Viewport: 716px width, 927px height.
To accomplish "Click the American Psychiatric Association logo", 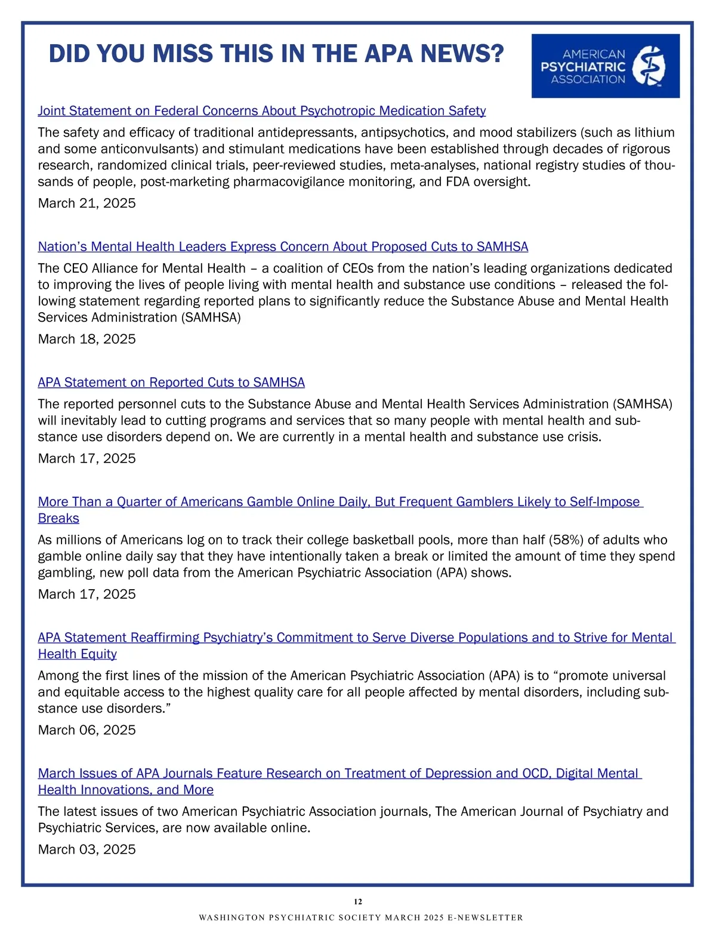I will [x=605, y=66].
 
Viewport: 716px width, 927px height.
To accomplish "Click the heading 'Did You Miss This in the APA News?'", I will [x=276, y=54].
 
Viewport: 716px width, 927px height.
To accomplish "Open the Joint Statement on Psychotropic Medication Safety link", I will [x=261, y=111].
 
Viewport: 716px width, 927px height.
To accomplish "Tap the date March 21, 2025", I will [x=87, y=203].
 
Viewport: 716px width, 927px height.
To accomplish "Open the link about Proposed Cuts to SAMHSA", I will [x=283, y=247].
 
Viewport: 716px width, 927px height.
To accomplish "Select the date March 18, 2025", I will [x=87, y=339].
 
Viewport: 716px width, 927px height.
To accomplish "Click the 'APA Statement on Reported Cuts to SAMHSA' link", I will [x=171, y=382].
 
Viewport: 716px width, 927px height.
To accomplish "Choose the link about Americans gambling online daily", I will [x=338, y=502].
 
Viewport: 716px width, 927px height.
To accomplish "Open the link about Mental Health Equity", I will [x=356, y=637].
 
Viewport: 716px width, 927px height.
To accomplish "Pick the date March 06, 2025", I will [x=87, y=730].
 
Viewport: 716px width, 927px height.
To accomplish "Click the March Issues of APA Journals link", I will [x=338, y=774].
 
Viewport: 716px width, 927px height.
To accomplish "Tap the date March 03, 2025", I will [x=87, y=849].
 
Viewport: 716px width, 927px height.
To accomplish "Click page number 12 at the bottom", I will [x=358, y=902].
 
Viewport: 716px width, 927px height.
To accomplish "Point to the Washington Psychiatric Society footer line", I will [x=360, y=917].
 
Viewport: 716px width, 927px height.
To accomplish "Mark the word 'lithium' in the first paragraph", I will [x=654, y=133].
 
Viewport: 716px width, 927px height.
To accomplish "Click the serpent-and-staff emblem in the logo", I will [x=649, y=66].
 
